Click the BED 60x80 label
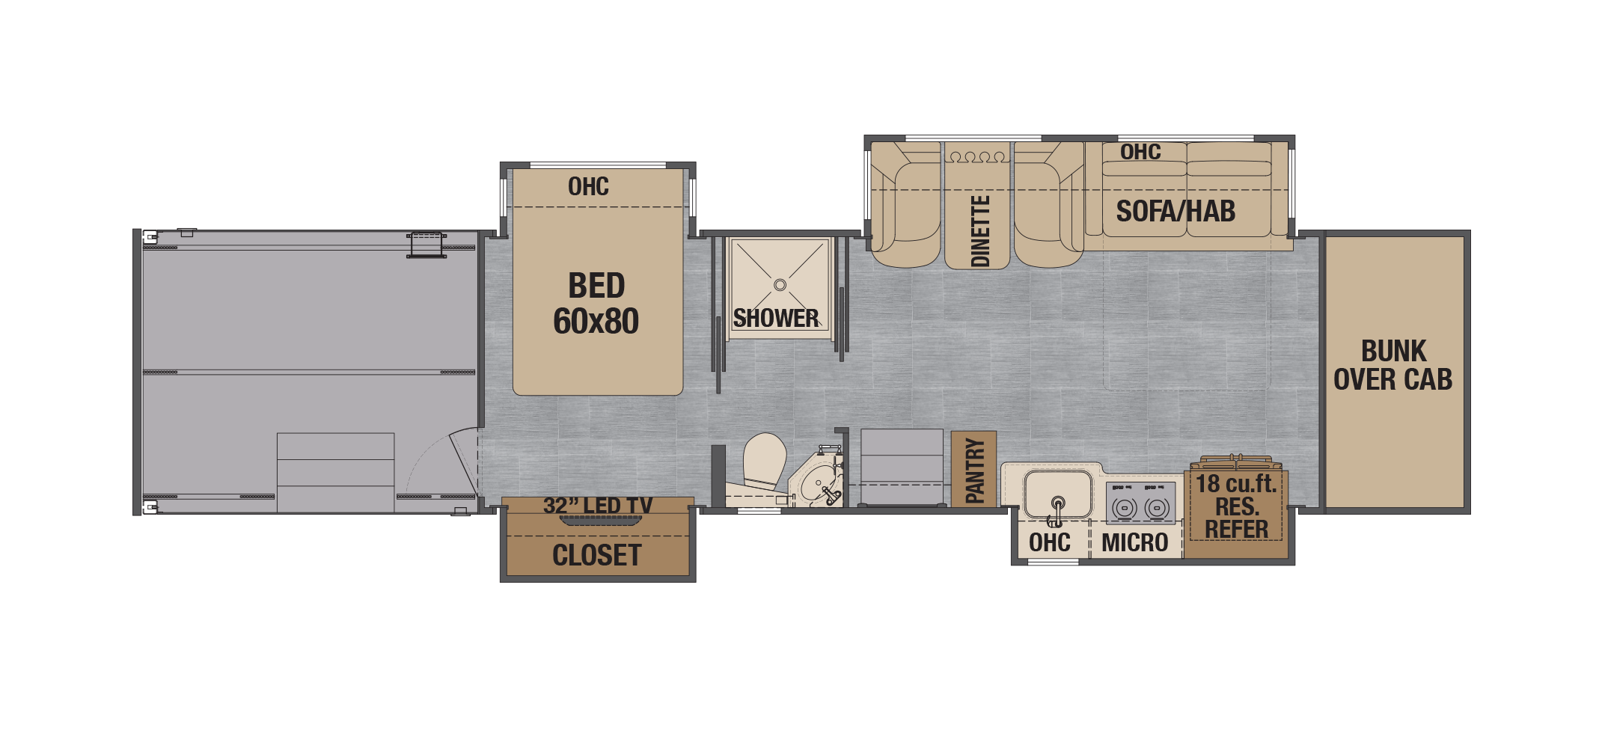pyautogui.click(x=596, y=303)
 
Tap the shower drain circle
pyautogui.click(x=780, y=285)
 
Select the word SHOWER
pyautogui.click(x=776, y=319)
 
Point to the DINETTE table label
pyautogui.click(x=980, y=231)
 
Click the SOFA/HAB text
pyautogui.click(x=1175, y=212)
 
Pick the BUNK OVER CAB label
pyautogui.click(x=1393, y=365)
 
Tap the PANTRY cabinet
pyautogui.click(x=973, y=470)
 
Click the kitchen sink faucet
pyautogui.click(x=1057, y=511)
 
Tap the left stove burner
pyautogui.click(x=1124, y=509)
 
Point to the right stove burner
pyautogui.click(x=1157, y=509)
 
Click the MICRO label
pyautogui.click(x=1135, y=543)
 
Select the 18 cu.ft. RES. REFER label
pyautogui.click(x=1236, y=506)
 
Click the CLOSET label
pyautogui.click(x=597, y=556)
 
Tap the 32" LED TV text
pyautogui.click(x=598, y=506)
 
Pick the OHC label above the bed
pyautogui.click(x=588, y=186)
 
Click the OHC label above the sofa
pyautogui.click(x=1140, y=152)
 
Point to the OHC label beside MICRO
pyautogui.click(x=1050, y=543)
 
